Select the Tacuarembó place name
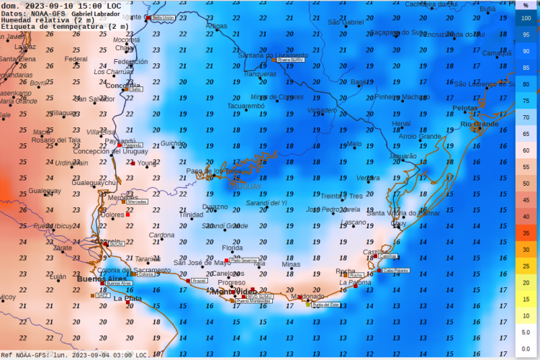click(x=246, y=106)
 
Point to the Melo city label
click(x=354, y=144)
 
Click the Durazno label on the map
click(x=215, y=207)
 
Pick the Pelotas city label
click(x=465, y=108)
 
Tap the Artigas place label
click(x=216, y=26)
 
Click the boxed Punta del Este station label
click(x=325, y=305)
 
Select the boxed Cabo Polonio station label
click(x=396, y=271)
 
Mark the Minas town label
click(x=291, y=264)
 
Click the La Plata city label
click(x=128, y=298)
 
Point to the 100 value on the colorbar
click(x=526, y=18)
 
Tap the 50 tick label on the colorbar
click(x=526, y=184)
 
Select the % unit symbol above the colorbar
click(x=526, y=6)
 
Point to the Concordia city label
click(x=124, y=86)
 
